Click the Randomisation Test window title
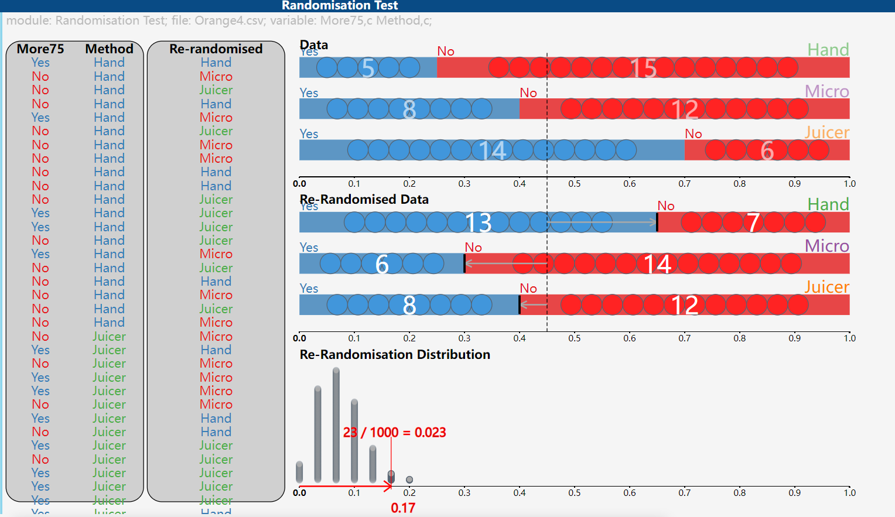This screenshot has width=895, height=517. pyautogui.click(x=340, y=6)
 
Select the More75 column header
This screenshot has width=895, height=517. pyautogui.click(x=40, y=49)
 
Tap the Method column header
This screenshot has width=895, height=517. pyautogui.click(x=110, y=49)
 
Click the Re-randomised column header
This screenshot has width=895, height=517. pyautogui.click(x=216, y=49)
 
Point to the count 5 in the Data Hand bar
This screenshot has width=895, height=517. pyautogui.click(x=368, y=68)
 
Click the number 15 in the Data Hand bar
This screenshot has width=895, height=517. pyautogui.click(x=643, y=69)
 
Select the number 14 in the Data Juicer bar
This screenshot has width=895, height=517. pyautogui.click(x=492, y=150)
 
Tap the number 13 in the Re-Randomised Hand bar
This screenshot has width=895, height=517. pyautogui.click(x=478, y=222)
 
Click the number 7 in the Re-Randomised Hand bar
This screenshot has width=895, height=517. pyautogui.click(x=753, y=222)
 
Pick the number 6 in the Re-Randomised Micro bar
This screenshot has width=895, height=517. pyautogui.click(x=382, y=264)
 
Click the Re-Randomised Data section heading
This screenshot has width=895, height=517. pyautogui.click(x=364, y=200)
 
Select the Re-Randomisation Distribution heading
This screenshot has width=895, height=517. pyautogui.click(x=395, y=354)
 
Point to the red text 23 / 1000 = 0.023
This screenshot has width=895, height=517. pyautogui.click(x=394, y=432)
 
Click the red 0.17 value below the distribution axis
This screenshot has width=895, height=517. pyautogui.click(x=403, y=508)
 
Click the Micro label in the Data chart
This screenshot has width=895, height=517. pyautogui.click(x=826, y=91)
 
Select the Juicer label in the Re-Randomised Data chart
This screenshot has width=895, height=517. pyautogui.click(x=826, y=287)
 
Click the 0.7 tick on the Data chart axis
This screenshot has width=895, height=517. pyautogui.click(x=684, y=184)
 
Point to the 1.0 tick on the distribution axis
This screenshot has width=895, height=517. pyautogui.click(x=849, y=493)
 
